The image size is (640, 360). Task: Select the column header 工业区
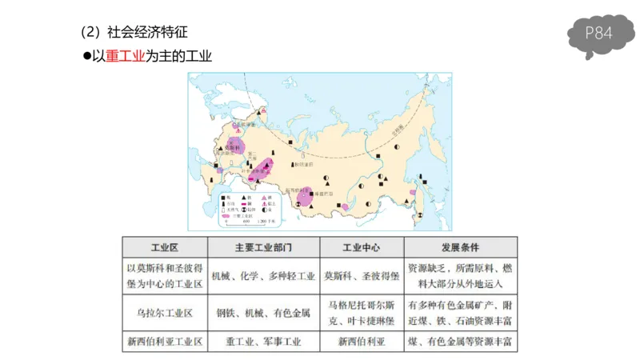click(164, 246)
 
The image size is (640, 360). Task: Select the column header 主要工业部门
click(263, 246)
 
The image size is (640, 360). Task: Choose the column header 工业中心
click(361, 246)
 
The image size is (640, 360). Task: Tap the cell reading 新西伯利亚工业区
click(164, 342)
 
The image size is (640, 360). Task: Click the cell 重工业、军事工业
click(263, 342)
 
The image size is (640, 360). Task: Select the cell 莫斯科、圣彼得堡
click(361, 276)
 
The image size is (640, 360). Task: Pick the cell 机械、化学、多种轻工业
click(263, 276)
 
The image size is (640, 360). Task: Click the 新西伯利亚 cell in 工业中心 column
click(361, 342)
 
